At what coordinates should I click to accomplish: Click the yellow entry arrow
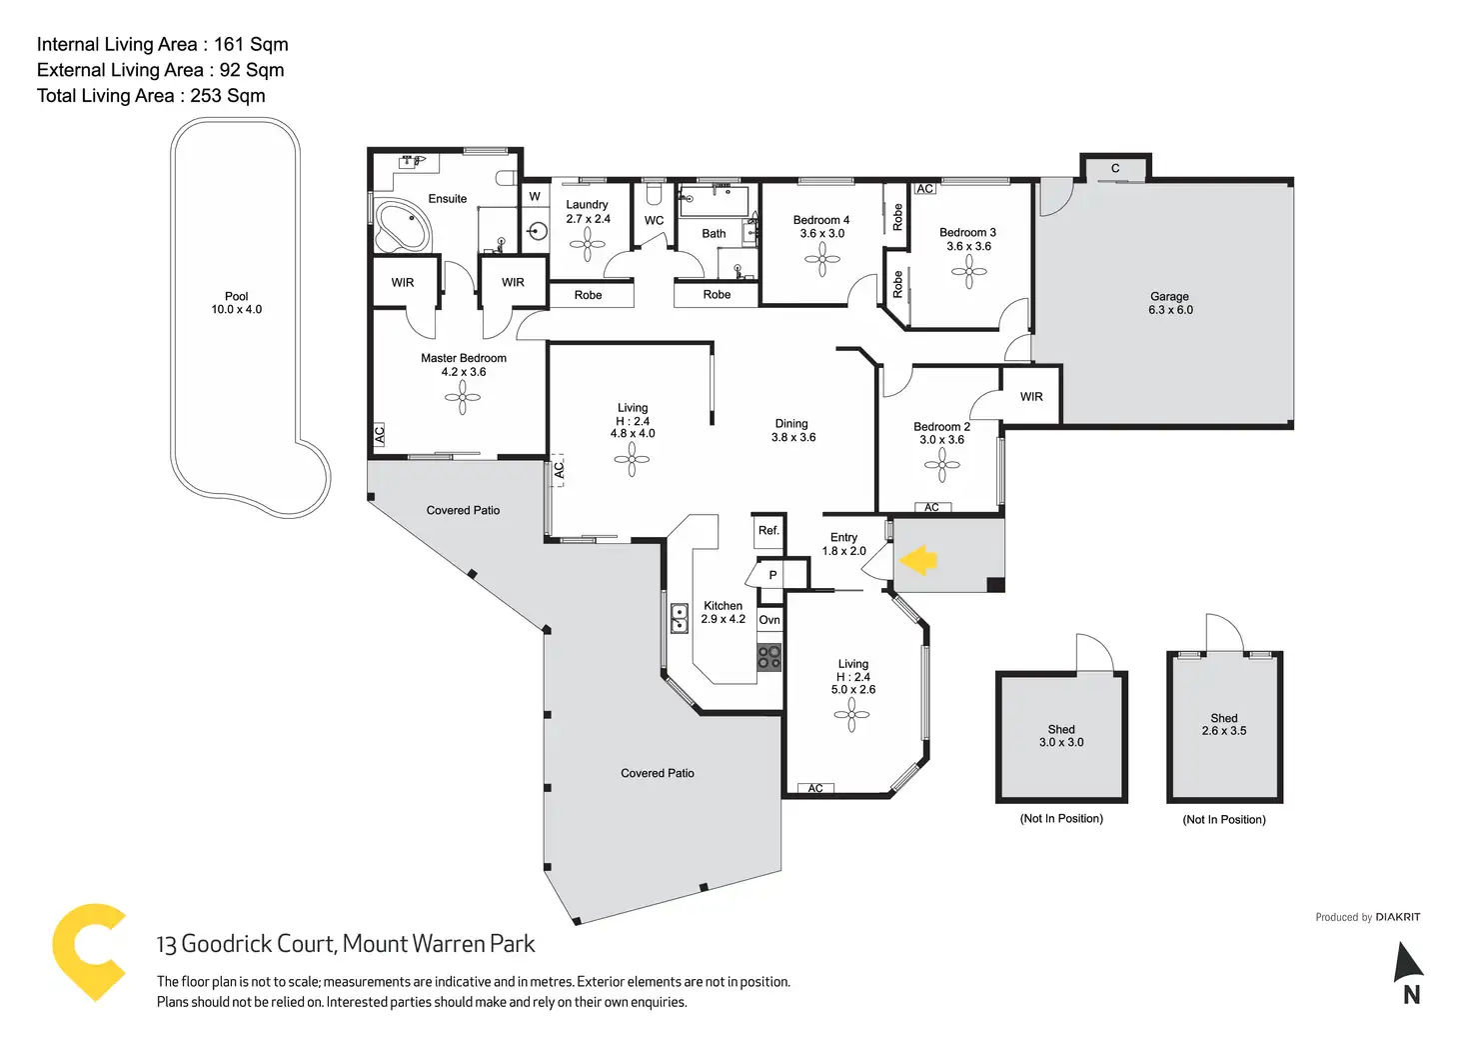[917, 560]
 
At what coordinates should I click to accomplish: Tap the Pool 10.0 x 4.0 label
[237, 303]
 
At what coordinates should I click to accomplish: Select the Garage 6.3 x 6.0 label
[1170, 303]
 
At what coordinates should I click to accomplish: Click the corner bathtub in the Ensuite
[402, 227]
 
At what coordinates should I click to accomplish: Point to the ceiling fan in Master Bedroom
[463, 397]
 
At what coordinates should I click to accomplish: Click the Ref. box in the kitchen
[768, 531]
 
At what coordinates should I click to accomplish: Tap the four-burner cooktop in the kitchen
[769, 657]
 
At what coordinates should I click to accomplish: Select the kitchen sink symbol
[680, 618]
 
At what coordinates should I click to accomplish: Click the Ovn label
[769, 620]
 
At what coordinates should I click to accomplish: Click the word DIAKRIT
[1398, 917]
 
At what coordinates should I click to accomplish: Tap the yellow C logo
[89, 951]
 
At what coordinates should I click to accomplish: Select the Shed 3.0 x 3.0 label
[1061, 736]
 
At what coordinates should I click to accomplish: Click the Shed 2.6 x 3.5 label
[1224, 724]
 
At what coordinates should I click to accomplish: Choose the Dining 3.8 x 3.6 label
[792, 430]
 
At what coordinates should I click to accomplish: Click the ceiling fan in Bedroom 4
[822, 260]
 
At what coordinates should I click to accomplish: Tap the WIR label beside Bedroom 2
[1031, 397]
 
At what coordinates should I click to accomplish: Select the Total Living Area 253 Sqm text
[151, 96]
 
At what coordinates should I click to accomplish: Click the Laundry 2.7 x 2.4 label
[588, 212]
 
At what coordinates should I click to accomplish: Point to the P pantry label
[772, 575]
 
